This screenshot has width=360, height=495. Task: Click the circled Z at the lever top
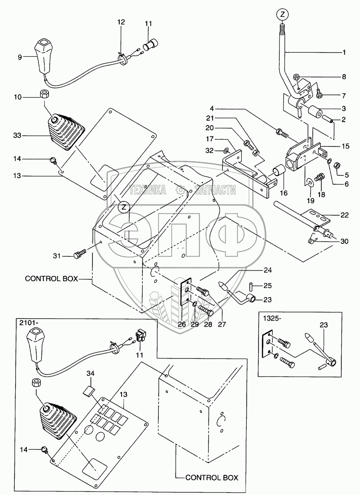282,15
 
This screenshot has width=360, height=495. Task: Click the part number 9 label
20,58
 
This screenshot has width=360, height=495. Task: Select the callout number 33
17,135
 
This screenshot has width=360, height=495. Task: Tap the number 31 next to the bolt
57,256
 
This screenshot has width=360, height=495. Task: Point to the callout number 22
344,215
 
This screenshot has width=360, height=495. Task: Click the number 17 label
210,139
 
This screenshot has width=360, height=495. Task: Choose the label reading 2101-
28,323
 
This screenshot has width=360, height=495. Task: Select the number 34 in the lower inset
90,373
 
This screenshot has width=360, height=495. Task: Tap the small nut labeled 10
44,94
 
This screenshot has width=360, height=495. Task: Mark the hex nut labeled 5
338,165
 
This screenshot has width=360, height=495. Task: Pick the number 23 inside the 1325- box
324,325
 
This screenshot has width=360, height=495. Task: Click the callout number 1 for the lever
344,52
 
